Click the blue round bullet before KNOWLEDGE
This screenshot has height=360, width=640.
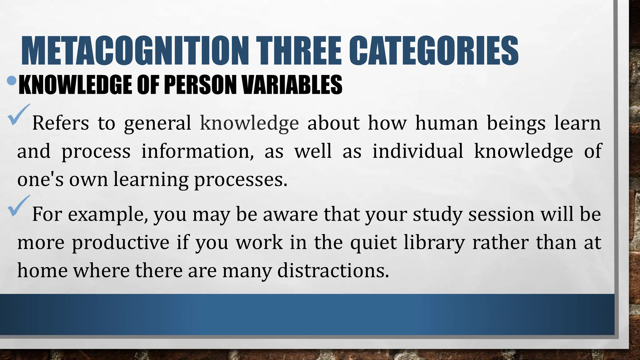(12, 81)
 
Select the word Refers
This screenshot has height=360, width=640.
(61, 123)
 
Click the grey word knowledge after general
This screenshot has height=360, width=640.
(249, 123)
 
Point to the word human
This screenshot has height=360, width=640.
(447, 123)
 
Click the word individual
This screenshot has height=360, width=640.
(418, 151)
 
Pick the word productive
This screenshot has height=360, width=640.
(121, 243)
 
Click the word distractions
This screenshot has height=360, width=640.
(333, 270)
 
